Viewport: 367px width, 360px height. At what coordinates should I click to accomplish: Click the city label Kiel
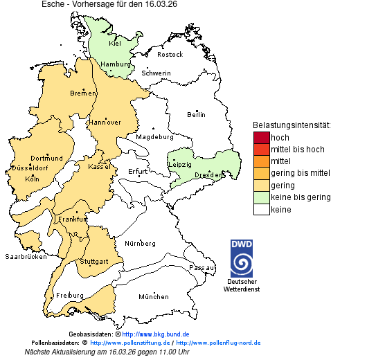pos(115,43)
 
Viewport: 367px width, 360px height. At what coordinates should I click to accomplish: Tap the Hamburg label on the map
pos(116,64)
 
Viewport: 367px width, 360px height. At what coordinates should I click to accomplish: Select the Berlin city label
pos(196,114)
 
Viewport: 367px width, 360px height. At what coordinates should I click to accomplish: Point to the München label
pos(153,297)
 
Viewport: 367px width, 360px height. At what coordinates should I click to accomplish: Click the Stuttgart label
pos(94,262)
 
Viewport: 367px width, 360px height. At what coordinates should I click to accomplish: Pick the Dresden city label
pos(208,175)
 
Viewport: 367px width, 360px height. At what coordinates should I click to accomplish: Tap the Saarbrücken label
pos(26,256)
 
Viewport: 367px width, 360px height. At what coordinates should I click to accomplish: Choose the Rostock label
pos(170,54)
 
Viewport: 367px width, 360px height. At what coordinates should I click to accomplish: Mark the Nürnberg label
pos(140,244)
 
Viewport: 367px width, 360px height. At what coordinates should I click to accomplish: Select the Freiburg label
pos(70,296)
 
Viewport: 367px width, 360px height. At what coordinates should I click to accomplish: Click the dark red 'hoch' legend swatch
pos(261,137)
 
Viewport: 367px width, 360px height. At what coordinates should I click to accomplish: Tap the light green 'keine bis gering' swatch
pos(261,197)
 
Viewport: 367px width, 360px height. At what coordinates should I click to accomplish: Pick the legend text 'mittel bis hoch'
pos(297,149)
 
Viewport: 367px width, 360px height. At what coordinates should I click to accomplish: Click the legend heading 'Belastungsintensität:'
pos(292,125)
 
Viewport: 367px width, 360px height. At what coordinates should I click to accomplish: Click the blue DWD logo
pos(242,258)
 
